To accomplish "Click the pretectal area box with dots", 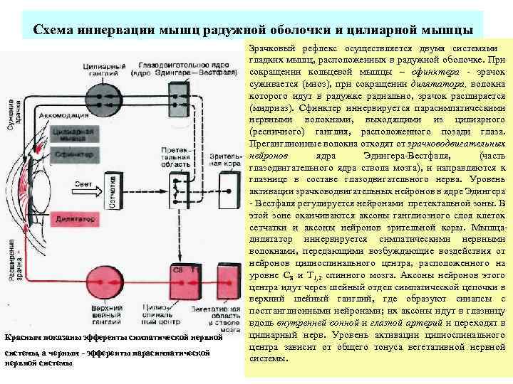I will tap(176, 187).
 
